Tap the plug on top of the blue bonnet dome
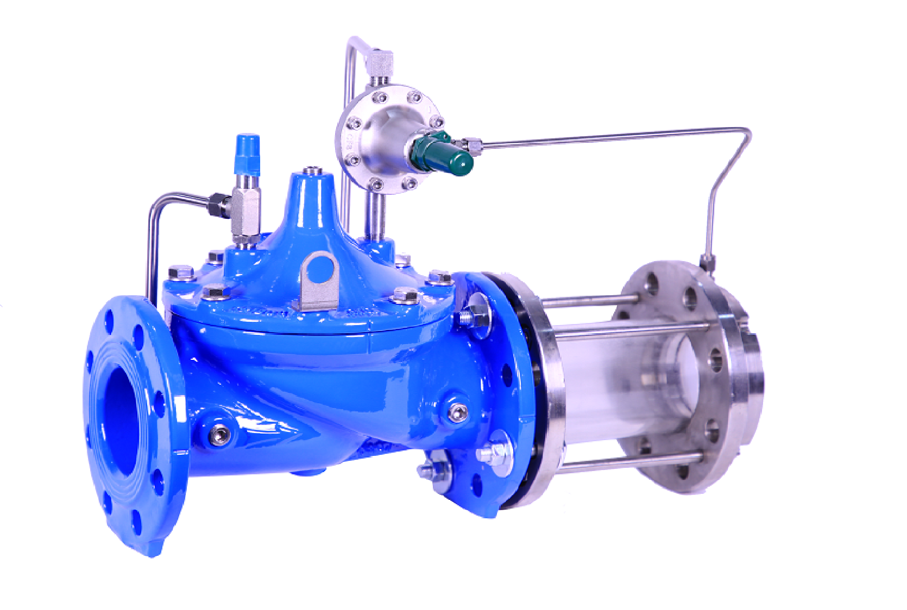point(311,171)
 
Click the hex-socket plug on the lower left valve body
point(220,433)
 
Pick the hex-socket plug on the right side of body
point(458,412)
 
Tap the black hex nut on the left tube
point(219,203)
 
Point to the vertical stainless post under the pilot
point(375,214)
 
